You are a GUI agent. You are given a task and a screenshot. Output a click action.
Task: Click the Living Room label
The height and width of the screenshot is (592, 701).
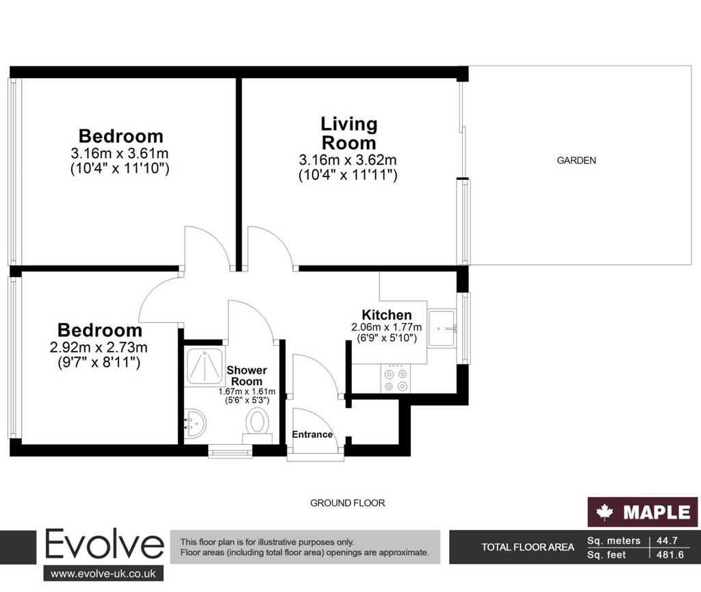click(x=349, y=133)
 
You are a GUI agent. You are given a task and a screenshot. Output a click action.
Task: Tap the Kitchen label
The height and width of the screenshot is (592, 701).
click(x=387, y=315)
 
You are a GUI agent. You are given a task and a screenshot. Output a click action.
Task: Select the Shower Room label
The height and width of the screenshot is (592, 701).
click(x=246, y=376)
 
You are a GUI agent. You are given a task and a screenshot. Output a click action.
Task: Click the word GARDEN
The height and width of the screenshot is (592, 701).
click(x=576, y=160)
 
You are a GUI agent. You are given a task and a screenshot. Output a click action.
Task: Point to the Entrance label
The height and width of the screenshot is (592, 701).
click(x=312, y=435)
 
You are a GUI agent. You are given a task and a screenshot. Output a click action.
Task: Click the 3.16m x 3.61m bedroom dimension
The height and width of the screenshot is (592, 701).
click(x=120, y=153)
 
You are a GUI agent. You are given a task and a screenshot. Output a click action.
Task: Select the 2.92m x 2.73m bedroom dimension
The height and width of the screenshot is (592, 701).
click(x=99, y=347)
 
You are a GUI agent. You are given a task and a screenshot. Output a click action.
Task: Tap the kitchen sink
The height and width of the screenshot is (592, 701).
click(x=442, y=329)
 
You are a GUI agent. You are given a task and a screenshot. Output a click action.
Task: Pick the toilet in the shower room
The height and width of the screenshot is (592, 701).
click(x=257, y=424)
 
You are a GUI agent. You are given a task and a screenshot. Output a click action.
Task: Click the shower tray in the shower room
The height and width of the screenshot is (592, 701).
click(x=204, y=368)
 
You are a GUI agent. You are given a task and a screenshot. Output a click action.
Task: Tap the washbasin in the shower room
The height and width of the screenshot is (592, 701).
click(x=194, y=424)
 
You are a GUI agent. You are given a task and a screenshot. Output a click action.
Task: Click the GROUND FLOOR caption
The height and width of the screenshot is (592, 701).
click(x=347, y=503)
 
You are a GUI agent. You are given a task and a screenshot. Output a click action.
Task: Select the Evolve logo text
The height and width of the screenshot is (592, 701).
click(x=104, y=545)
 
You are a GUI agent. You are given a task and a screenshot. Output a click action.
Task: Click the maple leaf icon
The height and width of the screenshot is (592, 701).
click(x=604, y=512)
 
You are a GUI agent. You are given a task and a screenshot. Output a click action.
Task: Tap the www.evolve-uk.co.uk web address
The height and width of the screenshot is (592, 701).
click(x=103, y=574)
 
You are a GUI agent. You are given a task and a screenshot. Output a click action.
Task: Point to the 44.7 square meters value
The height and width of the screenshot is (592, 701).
click(x=667, y=541)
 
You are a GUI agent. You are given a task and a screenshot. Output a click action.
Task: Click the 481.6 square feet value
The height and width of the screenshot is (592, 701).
click(x=670, y=555)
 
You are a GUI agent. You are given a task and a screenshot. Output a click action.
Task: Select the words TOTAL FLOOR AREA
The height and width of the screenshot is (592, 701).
click(x=528, y=548)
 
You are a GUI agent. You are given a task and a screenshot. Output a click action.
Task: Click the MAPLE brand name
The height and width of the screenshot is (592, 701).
click(x=657, y=513)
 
